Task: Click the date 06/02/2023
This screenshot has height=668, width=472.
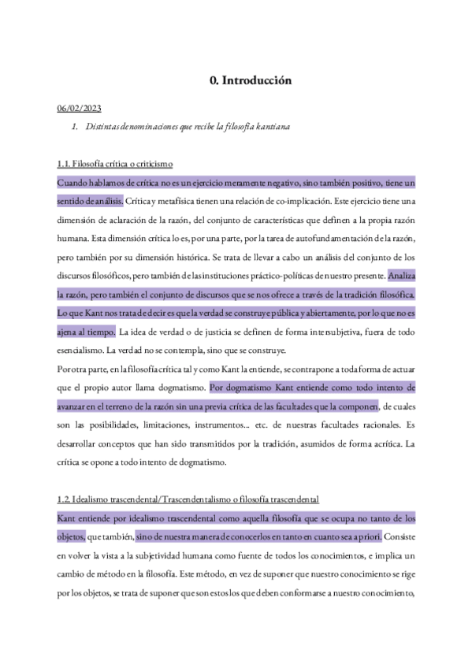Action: [80, 108]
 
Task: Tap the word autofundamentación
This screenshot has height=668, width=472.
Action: [296, 238]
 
